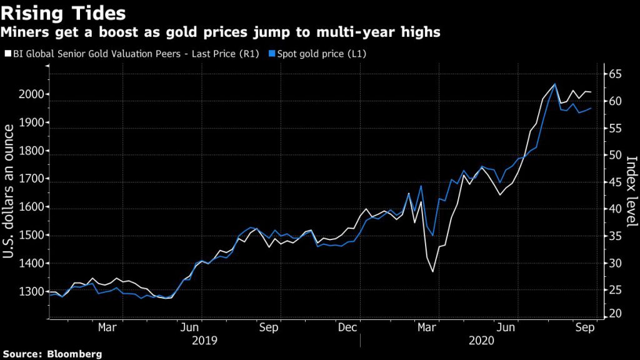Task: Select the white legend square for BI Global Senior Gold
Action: click(x=7, y=54)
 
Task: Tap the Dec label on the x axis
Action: click(x=347, y=327)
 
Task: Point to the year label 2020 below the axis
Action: click(x=481, y=341)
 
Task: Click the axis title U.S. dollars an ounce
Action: click(x=10, y=190)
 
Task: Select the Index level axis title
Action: click(x=631, y=190)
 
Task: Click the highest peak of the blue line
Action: click(x=554, y=84)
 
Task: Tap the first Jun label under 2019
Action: click(x=190, y=327)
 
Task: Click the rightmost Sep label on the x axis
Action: click(x=585, y=327)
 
